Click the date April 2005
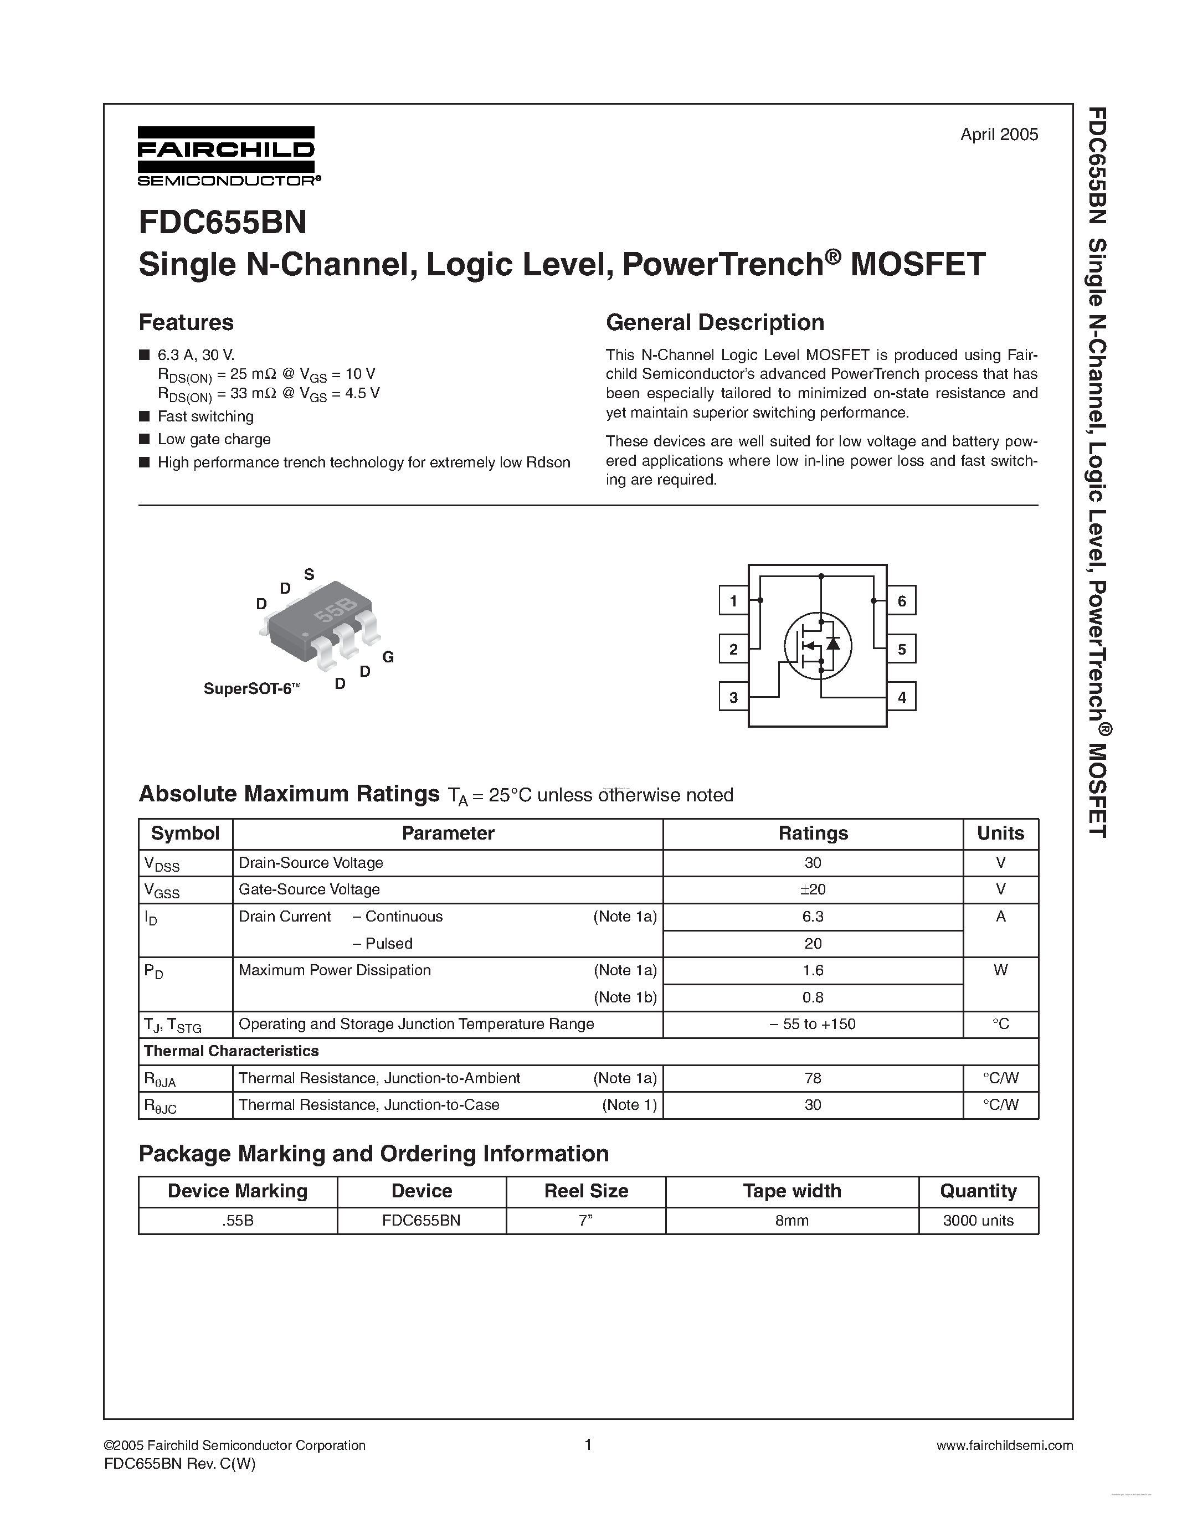point(999,135)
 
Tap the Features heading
point(186,322)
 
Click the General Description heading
point(715,322)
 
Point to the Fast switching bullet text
point(205,416)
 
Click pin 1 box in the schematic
point(733,600)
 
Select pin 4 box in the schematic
point(902,697)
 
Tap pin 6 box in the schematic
point(902,600)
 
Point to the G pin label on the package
point(388,657)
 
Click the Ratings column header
point(813,833)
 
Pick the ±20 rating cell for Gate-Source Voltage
point(813,889)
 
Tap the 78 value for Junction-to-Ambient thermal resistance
point(813,1078)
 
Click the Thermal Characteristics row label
point(231,1051)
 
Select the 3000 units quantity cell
point(978,1221)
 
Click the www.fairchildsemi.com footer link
point(1004,1445)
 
